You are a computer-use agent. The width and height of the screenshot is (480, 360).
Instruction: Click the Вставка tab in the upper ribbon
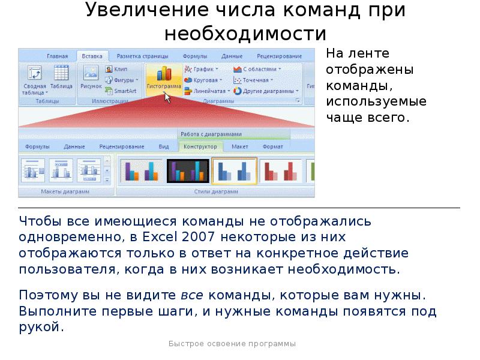click(92, 56)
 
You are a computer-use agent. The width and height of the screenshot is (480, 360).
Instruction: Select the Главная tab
click(58, 56)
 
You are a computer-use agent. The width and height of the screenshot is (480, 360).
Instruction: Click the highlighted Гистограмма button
click(163, 79)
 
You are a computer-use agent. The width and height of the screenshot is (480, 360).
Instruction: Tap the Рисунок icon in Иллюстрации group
click(91, 77)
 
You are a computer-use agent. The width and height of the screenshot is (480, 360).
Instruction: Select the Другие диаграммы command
click(264, 91)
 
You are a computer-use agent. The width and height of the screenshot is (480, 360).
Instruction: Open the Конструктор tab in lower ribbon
click(200, 146)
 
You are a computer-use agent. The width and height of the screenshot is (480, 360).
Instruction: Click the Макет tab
click(240, 146)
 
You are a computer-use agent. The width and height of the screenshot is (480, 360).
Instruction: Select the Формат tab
click(273, 146)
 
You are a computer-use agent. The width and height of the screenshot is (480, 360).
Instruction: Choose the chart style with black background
click(188, 170)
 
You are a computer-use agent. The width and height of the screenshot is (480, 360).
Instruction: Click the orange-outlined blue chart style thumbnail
click(234, 170)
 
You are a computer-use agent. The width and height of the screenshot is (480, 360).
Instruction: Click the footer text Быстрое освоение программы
click(232, 344)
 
